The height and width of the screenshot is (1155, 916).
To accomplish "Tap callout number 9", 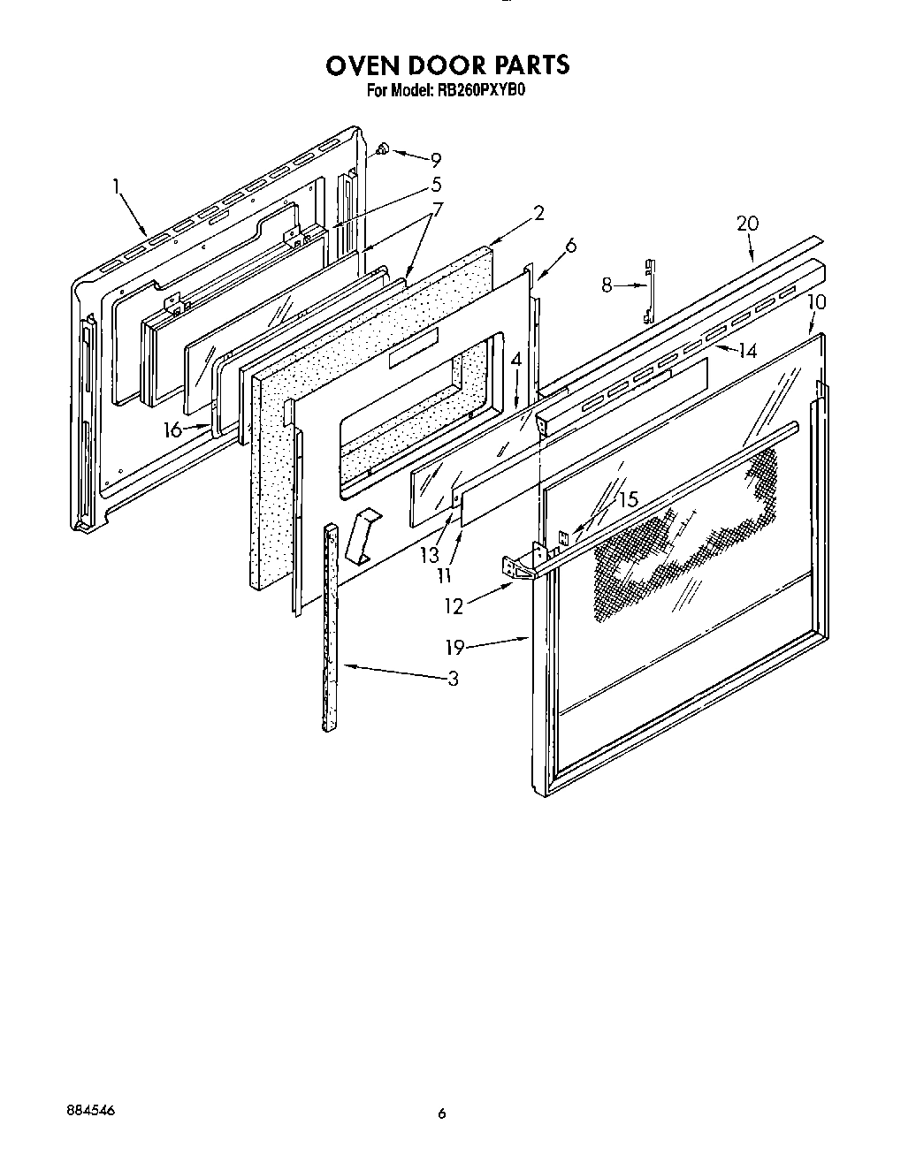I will (x=435, y=160).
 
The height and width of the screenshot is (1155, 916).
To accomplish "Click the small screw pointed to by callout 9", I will (x=384, y=149).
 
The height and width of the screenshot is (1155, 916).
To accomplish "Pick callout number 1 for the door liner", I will (x=116, y=186).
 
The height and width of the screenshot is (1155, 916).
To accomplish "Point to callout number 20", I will (x=747, y=224).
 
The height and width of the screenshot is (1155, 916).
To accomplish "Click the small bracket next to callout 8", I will (x=650, y=289).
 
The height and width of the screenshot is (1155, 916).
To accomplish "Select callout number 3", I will (x=453, y=679).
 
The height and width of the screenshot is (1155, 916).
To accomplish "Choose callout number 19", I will (x=454, y=649).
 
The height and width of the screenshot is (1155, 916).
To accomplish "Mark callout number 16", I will (x=173, y=429).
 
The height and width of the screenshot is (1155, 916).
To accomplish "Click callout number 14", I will (x=748, y=351).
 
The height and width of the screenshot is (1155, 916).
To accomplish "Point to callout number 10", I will (x=816, y=302).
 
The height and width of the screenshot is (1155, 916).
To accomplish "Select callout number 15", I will (x=627, y=499).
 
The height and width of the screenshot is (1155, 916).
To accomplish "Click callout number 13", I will (x=430, y=555).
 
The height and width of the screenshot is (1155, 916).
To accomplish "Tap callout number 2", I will (x=538, y=213).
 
